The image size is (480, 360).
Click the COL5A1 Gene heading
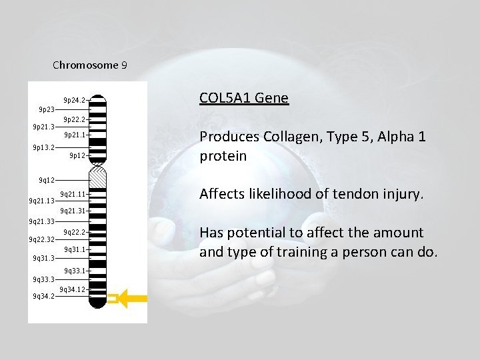(243, 99)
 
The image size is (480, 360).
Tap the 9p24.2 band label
(74, 100)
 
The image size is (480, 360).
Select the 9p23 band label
(47, 109)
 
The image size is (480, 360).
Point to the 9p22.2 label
(74, 119)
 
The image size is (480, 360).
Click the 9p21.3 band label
(44, 127)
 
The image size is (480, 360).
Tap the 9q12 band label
(46, 180)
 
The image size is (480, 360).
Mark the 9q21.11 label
(73, 194)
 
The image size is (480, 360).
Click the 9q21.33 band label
(42, 221)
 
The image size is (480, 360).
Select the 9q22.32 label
(42, 239)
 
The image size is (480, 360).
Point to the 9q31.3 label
(44, 258)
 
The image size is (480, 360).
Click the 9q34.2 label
(44, 297)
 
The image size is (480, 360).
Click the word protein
(223, 156)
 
